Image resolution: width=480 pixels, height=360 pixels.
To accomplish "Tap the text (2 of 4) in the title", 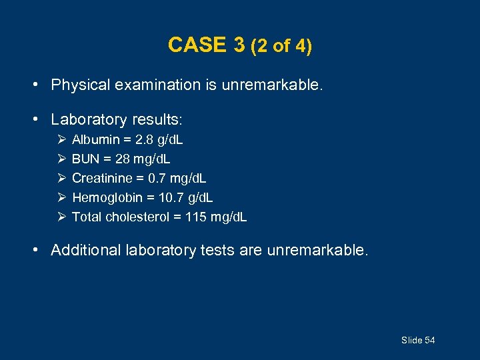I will point(281,46).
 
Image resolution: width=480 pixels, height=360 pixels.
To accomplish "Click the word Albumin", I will point(95,140).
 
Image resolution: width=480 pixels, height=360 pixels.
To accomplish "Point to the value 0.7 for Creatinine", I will point(159,179).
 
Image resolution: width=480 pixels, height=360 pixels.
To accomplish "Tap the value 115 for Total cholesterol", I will point(197,217).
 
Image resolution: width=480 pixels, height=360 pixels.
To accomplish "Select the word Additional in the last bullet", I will point(81,250).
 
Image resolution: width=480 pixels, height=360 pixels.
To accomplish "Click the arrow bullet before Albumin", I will point(61,140).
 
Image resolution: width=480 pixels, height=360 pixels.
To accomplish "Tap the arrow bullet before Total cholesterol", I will point(61,217).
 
